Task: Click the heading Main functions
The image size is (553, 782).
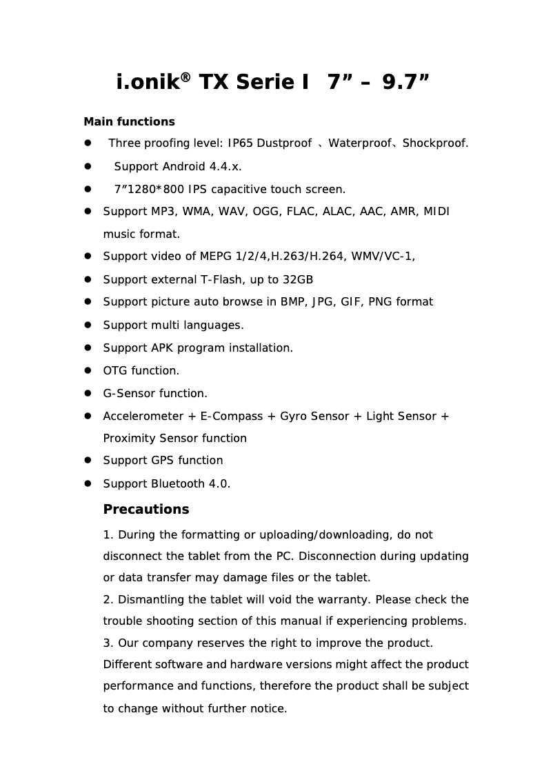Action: (129, 122)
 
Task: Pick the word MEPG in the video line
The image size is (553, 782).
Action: (216, 257)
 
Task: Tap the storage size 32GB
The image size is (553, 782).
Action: (298, 279)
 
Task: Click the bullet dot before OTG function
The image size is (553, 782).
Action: (88, 371)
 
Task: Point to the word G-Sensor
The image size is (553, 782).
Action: (129, 394)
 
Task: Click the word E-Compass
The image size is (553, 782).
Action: (231, 417)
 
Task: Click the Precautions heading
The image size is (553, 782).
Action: (145, 510)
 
